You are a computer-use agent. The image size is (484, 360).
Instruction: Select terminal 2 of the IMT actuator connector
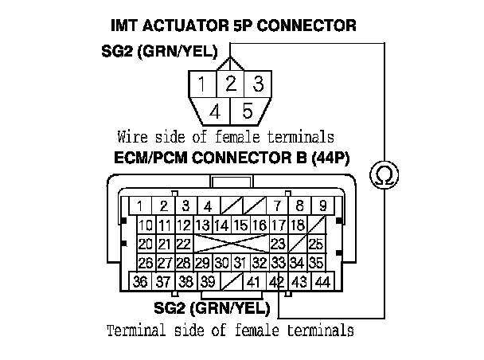231,84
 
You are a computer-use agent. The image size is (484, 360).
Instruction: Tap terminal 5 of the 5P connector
248,110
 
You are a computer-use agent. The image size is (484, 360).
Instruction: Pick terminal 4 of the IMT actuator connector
214,110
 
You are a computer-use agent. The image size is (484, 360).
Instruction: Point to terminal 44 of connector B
323,281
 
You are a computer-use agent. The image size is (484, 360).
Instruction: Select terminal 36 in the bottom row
141,281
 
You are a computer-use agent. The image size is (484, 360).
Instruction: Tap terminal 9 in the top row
322,206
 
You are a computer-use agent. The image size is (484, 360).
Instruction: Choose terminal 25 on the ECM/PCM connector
316,243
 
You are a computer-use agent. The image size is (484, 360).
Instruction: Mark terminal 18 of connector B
297,225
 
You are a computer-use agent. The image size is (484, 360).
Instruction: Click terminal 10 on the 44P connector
146,225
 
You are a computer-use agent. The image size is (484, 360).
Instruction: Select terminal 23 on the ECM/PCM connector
278,243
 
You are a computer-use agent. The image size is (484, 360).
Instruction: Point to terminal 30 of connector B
221,262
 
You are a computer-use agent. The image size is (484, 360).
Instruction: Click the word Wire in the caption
131,136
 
